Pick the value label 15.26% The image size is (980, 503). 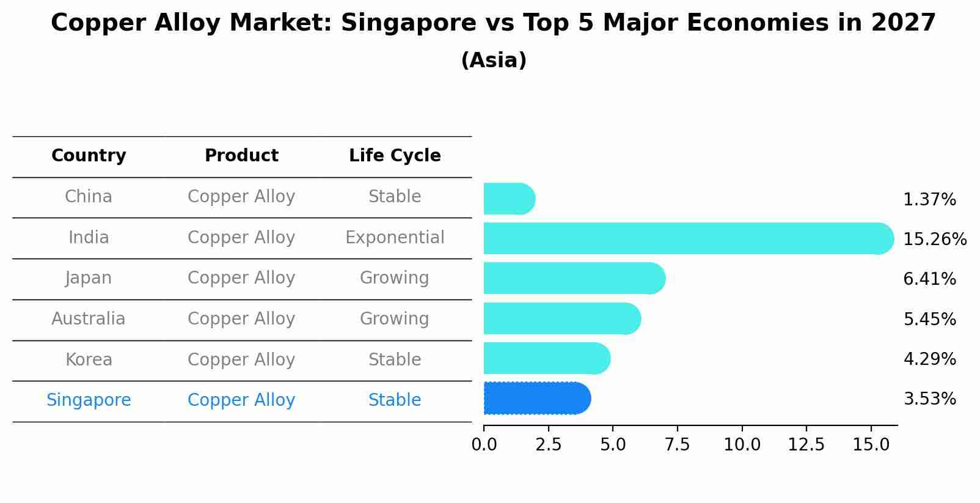tap(934, 239)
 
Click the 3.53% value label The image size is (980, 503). tap(929, 399)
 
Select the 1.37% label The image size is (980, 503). tap(929, 199)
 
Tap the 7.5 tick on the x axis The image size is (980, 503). tap(677, 445)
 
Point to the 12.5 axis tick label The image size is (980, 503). tap(806, 445)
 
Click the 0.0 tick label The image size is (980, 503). tap(484, 445)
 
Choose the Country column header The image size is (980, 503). tap(89, 156)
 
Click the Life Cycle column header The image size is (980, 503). tap(395, 156)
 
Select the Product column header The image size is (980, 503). tap(241, 156)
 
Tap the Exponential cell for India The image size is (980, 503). tap(395, 237)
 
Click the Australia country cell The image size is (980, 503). tap(89, 318)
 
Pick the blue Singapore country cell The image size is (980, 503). tap(89, 400)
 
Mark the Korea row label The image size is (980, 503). tap(89, 359)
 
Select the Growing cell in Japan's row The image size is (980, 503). tap(395, 277)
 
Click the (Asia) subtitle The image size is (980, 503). tap(493, 61)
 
